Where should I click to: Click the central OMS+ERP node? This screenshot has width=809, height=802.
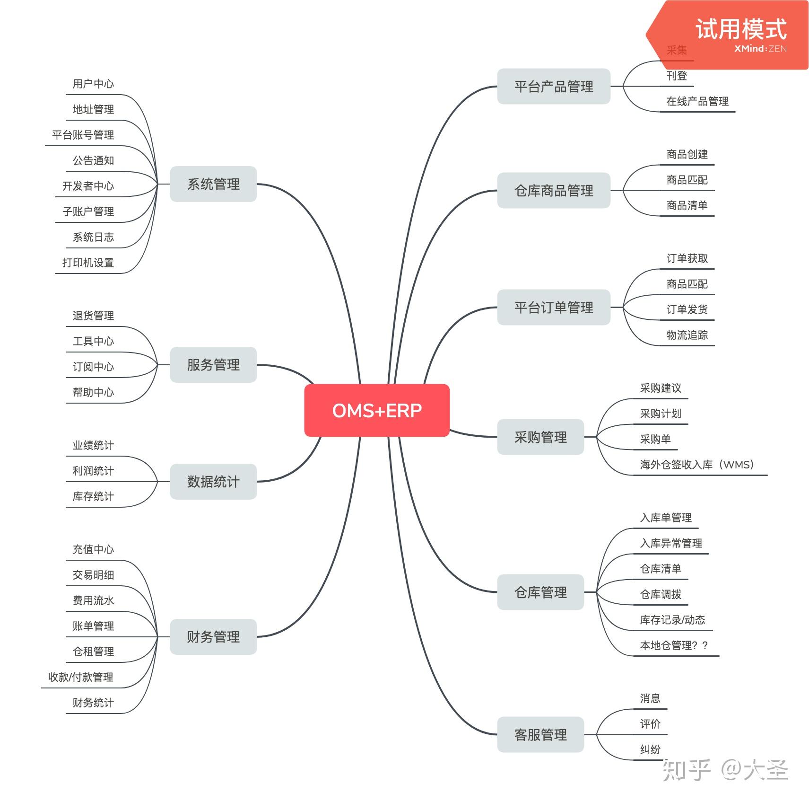click(377, 410)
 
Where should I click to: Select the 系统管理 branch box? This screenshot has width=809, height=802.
click(213, 184)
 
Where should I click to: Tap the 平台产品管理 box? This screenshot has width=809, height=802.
click(553, 87)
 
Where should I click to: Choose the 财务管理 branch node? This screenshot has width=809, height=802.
click(213, 636)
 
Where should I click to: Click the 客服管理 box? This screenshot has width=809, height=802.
click(540, 734)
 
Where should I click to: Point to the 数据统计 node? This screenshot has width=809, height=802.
click(213, 482)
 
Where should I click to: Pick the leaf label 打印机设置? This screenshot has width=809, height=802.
click(88, 263)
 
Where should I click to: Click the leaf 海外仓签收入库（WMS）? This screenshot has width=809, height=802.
click(696, 465)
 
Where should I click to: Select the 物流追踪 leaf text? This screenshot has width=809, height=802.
click(687, 335)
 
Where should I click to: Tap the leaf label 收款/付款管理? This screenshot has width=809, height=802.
click(81, 677)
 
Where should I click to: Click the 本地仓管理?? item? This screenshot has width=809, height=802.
click(674, 645)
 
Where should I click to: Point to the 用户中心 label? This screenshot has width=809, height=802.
click(93, 84)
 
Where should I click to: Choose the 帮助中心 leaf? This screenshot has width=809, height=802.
click(93, 392)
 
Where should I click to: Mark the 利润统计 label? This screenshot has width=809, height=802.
click(93, 471)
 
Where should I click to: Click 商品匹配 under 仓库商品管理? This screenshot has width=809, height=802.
click(687, 180)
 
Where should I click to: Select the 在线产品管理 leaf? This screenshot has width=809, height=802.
click(697, 101)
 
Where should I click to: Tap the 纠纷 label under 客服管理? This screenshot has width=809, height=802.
click(650, 749)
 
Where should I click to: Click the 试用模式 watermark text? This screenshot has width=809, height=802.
click(741, 29)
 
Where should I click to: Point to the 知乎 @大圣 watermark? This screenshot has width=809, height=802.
click(725, 770)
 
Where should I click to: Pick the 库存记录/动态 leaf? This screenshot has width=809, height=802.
click(672, 620)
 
